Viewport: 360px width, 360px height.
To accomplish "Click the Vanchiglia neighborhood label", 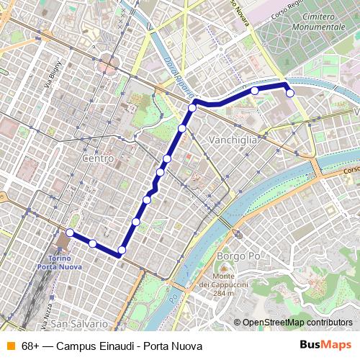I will (x=232, y=140).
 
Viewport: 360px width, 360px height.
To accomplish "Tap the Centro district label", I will (x=99, y=158).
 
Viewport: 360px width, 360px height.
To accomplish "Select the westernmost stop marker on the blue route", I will (x=70, y=233).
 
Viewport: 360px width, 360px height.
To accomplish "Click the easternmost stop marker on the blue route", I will (x=290, y=92).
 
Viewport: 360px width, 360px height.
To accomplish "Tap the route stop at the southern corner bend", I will (x=121, y=251).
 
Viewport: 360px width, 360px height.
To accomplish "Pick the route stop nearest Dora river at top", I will (x=192, y=108).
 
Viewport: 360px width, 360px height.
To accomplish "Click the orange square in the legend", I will (x=10, y=346).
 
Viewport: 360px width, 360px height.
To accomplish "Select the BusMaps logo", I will (x=326, y=345).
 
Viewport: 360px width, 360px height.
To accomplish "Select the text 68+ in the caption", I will (x=30, y=346).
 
